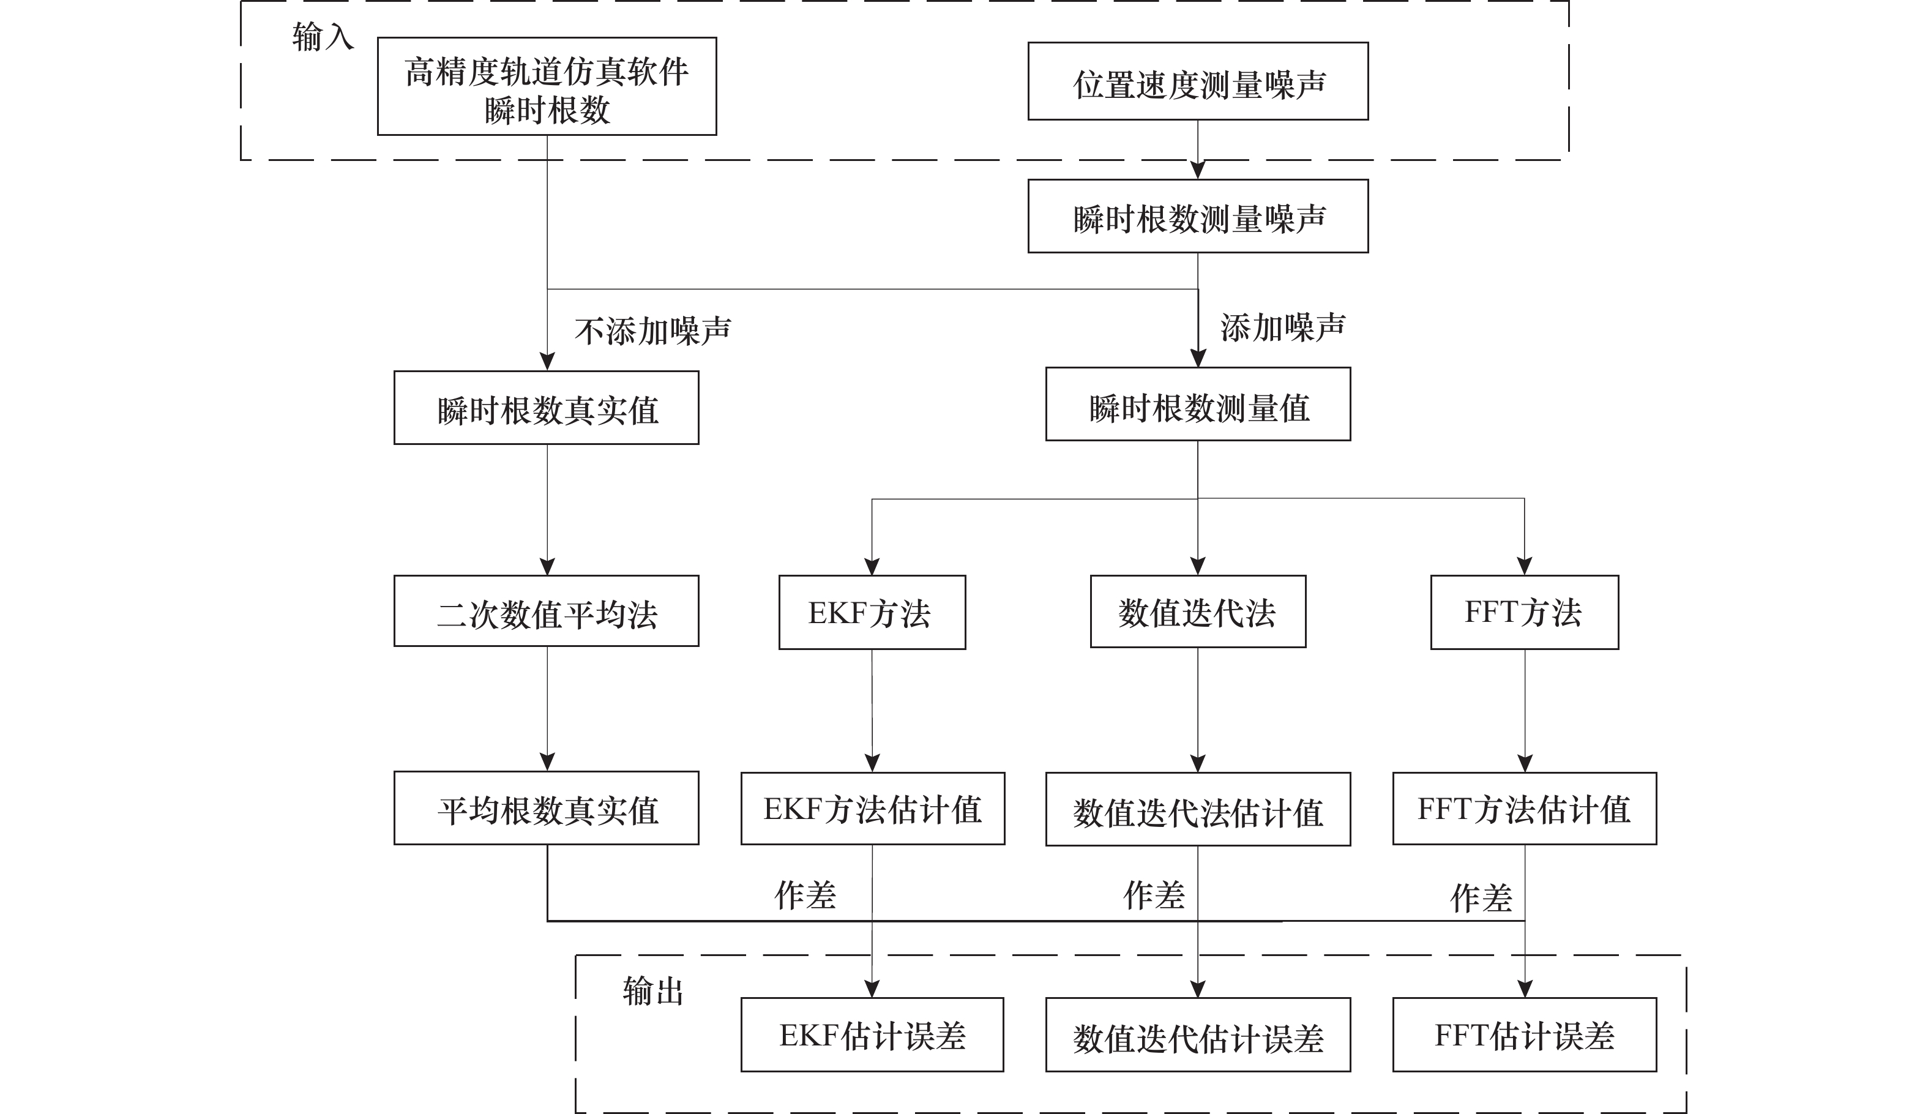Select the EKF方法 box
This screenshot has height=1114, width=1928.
[x=872, y=612]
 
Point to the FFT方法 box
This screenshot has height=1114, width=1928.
[x=1524, y=612]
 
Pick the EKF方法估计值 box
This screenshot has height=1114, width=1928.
[x=872, y=809]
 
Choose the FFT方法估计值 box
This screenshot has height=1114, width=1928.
[x=1524, y=809]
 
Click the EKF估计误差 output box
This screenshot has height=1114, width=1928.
[x=872, y=1034]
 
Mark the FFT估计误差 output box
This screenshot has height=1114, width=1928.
[x=1524, y=1034]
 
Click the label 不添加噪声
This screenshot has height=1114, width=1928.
[x=652, y=331]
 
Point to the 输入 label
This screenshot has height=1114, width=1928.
[x=322, y=37]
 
